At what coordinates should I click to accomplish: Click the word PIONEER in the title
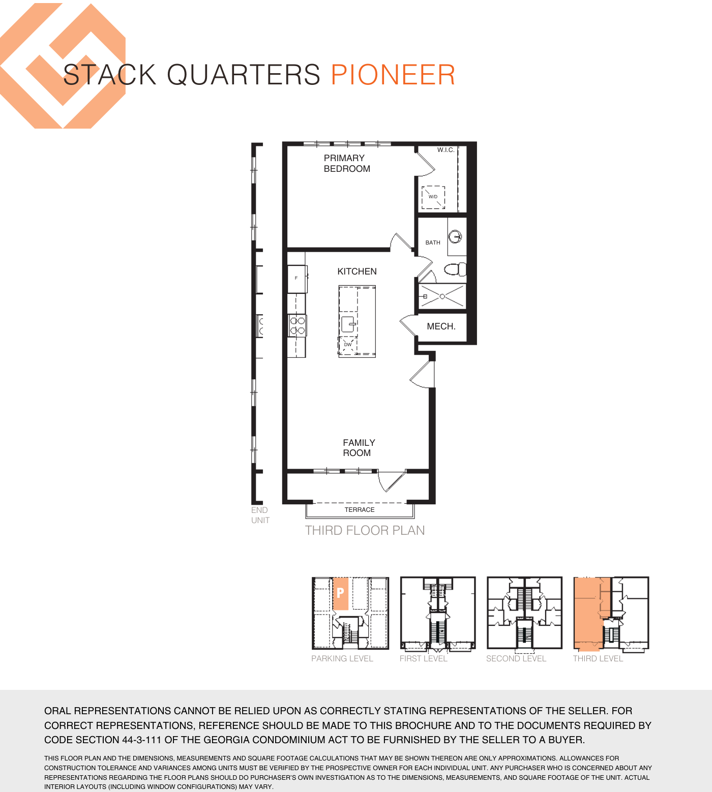tap(393, 75)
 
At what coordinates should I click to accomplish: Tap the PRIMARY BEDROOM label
tap(347, 163)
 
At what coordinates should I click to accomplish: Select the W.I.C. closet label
tap(446, 150)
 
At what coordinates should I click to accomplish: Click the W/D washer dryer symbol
tap(433, 198)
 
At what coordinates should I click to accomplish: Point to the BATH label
tap(433, 242)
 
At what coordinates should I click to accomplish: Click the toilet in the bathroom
tap(455, 269)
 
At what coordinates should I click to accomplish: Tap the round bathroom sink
tap(455, 236)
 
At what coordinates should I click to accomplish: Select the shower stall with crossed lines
tap(442, 296)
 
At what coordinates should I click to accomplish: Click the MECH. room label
tap(441, 326)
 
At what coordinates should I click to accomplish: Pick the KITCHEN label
tap(357, 271)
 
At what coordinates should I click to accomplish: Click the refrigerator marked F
tap(297, 279)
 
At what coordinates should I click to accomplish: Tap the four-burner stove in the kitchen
tap(297, 325)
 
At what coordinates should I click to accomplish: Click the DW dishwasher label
tap(348, 345)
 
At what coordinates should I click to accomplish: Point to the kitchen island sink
tap(348, 324)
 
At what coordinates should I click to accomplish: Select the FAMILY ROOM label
tap(359, 448)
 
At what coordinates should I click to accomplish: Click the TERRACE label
tap(360, 509)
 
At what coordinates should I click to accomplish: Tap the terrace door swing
tap(391, 481)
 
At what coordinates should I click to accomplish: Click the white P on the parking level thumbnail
tap(340, 592)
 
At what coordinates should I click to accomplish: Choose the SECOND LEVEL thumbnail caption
tap(516, 658)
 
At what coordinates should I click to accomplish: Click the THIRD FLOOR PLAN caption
tap(365, 530)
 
